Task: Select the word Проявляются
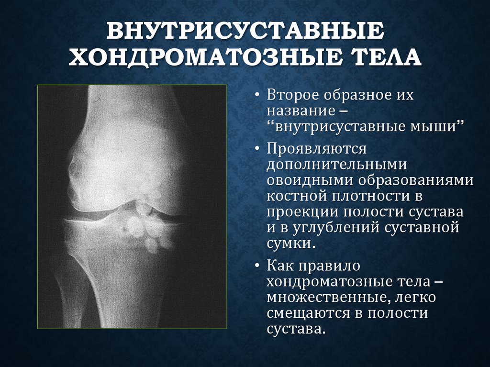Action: tap(316, 148)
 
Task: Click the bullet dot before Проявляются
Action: tap(257, 149)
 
